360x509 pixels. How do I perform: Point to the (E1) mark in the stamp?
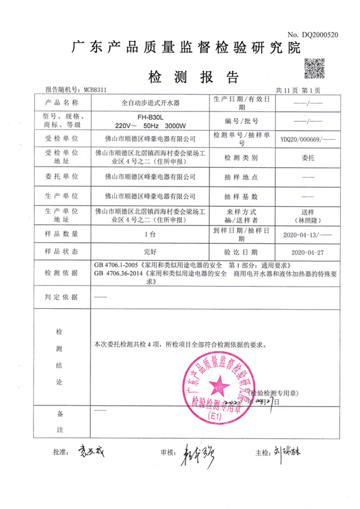[214, 415]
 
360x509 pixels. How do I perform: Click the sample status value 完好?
[149, 251]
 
